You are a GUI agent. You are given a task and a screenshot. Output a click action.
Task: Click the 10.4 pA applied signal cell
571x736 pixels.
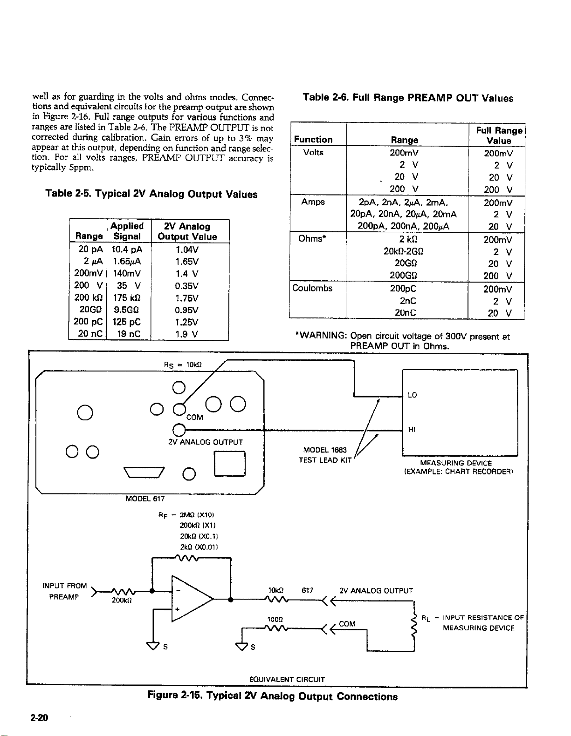coord(127,250)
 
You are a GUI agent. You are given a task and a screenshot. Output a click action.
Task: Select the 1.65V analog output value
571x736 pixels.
coord(187,262)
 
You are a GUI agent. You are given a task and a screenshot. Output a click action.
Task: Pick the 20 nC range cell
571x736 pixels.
coord(90,334)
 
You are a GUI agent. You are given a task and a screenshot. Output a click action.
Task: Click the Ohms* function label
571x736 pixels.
coord(312,239)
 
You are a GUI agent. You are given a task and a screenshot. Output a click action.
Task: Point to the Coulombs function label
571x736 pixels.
coord(312,288)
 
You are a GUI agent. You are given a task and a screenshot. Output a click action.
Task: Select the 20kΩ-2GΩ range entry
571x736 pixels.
coord(404,251)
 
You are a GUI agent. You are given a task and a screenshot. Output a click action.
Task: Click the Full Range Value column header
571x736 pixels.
coord(499,135)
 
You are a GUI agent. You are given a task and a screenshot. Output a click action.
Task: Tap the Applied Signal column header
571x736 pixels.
coord(127,231)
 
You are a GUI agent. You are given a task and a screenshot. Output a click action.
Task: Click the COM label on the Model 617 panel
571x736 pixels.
coord(195,417)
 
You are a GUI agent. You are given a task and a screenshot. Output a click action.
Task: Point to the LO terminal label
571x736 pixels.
coord(413,395)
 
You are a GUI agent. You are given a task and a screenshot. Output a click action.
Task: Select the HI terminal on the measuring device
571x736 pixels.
coord(412,430)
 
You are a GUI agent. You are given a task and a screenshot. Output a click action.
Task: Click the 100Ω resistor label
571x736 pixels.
coord(275,619)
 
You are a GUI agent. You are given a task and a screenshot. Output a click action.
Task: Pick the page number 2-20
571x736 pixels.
coord(39,717)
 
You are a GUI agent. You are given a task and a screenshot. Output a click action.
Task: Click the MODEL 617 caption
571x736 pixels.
coord(145,499)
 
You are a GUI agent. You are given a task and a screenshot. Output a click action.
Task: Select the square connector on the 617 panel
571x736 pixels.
coord(230,464)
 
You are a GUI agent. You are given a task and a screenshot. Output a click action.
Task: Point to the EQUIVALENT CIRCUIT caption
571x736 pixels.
coord(287,679)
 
